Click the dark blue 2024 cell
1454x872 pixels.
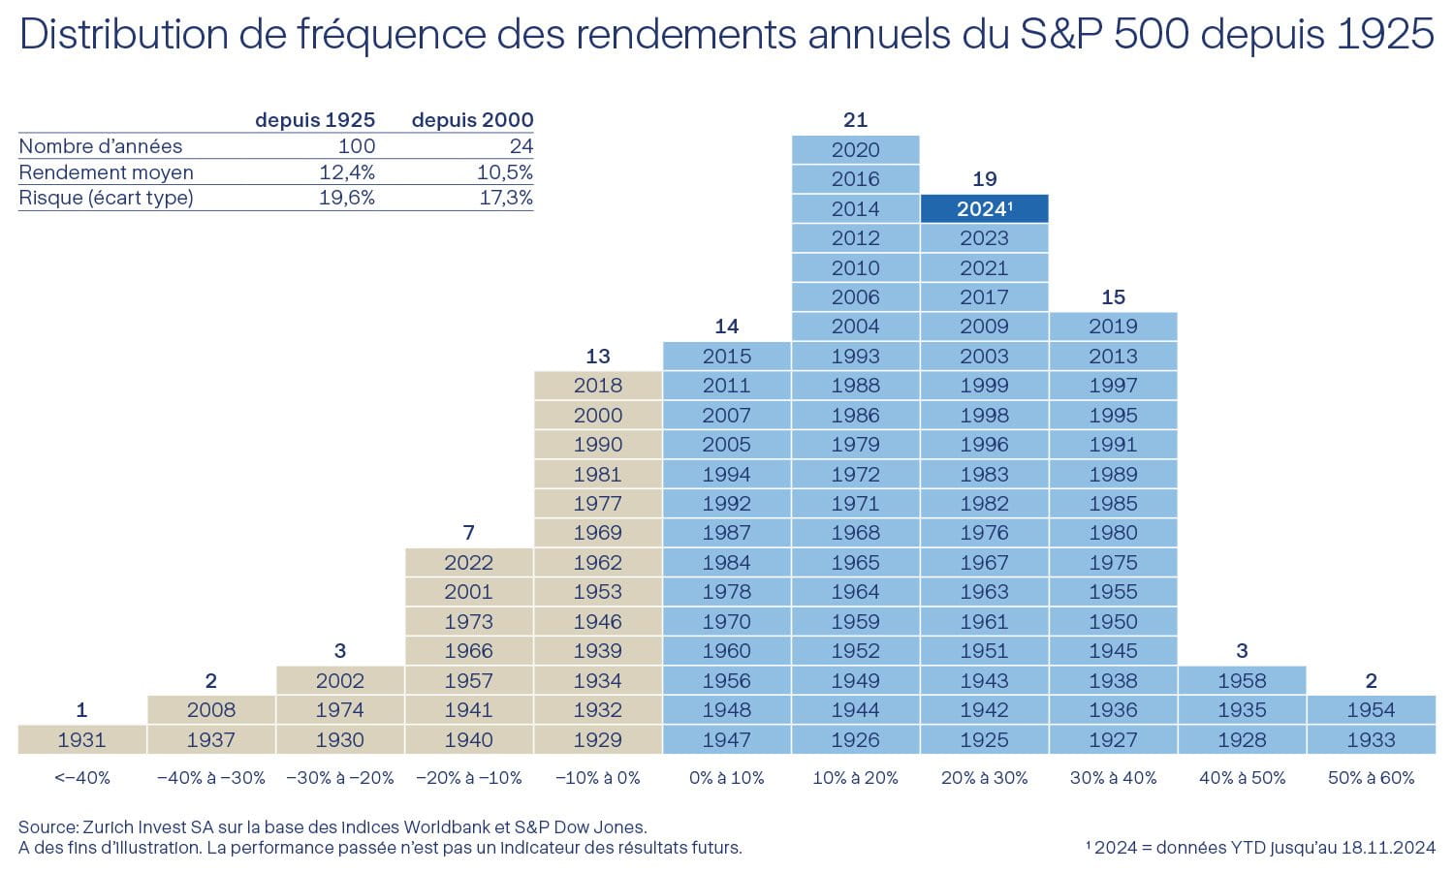[x=984, y=208]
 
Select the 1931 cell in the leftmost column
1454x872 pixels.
[x=81, y=739]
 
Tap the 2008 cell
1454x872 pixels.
[x=210, y=709]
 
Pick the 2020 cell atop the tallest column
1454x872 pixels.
[x=855, y=149]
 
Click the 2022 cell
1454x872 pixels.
[x=468, y=562]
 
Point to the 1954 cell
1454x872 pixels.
[x=1371, y=709]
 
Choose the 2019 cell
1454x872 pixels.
[x=1113, y=326]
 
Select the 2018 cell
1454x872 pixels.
[x=597, y=385]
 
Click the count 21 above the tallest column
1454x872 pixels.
[x=855, y=120]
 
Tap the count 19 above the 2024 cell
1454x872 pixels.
[x=984, y=179]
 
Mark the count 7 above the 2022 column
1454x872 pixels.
[x=468, y=533]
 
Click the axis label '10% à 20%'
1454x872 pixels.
[x=855, y=778]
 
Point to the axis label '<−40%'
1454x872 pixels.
[x=82, y=778]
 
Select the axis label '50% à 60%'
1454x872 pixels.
[x=1371, y=778]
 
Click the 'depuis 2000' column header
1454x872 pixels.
[x=472, y=120]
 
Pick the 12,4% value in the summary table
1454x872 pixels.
[x=346, y=172]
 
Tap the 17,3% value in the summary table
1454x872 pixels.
[x=506, y=198]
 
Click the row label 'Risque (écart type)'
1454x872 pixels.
[x=106, y=198]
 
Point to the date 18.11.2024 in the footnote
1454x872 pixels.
[x=1387, y=848]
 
